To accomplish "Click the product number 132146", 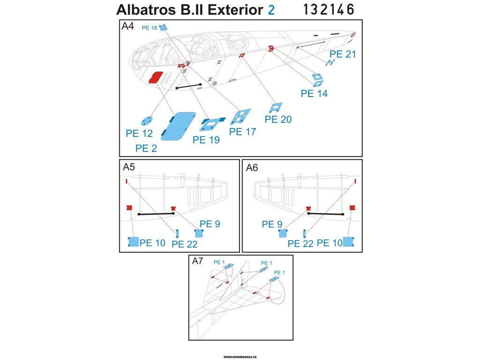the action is pos(329,9).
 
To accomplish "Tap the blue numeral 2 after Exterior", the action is pos(271,10).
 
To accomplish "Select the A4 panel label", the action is pos(127,26).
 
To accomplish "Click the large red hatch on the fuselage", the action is pos(156,77).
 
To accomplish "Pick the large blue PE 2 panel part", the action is pos(178,126).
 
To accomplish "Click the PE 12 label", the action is pos(139,134).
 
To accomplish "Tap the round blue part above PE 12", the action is pos(147,121).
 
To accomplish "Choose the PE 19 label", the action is pos(206,140).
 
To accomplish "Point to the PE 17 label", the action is pos(242,132).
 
